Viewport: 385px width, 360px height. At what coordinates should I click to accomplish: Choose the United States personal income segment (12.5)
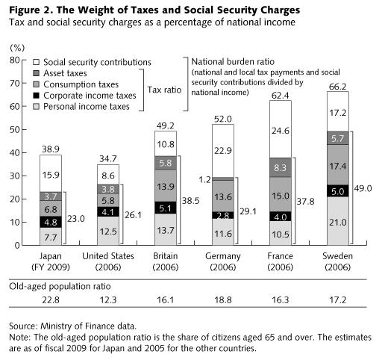click(x=107, y=231)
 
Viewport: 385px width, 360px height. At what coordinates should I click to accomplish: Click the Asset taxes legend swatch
click(x=37, y=73)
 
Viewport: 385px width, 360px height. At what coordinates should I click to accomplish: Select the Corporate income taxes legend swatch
click(x=37, y=96)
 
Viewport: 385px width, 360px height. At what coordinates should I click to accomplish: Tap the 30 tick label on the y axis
click(x=16, y=176)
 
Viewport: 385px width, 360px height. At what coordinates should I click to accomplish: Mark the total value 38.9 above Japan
click(x=50, y=149)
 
